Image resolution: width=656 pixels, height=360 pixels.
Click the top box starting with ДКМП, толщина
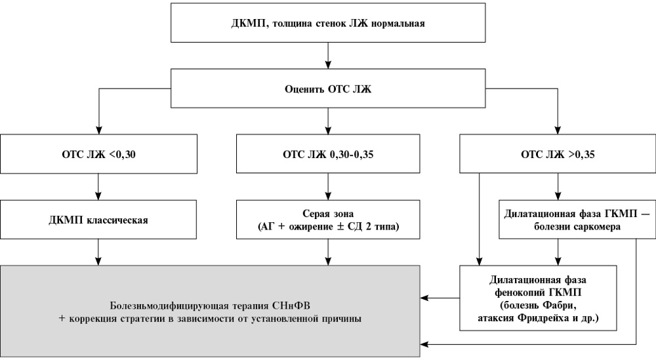(328, 22)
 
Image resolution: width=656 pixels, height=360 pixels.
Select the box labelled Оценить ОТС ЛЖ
(328, 89)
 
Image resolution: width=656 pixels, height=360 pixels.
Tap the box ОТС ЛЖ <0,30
(99, 154)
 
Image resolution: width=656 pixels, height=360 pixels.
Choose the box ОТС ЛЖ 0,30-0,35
(328, 154)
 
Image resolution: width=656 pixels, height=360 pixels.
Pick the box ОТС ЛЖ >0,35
(558, 154)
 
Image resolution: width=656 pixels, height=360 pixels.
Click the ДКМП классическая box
(98, 220)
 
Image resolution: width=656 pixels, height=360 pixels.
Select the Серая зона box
(328, 220)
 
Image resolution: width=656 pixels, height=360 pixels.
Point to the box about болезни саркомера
(577, 220)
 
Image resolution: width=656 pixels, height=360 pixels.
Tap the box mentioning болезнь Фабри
(538, 298)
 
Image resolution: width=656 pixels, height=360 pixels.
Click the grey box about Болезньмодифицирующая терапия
(210, 311)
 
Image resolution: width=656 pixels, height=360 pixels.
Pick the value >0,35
(581, 154)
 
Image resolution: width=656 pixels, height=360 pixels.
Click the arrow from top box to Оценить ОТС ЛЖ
(328, 56)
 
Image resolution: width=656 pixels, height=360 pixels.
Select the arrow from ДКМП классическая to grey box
(98, 252)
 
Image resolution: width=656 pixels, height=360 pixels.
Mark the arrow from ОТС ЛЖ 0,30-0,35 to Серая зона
(328, 186)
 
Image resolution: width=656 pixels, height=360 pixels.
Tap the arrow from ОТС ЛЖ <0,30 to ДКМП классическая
(98, 186)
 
